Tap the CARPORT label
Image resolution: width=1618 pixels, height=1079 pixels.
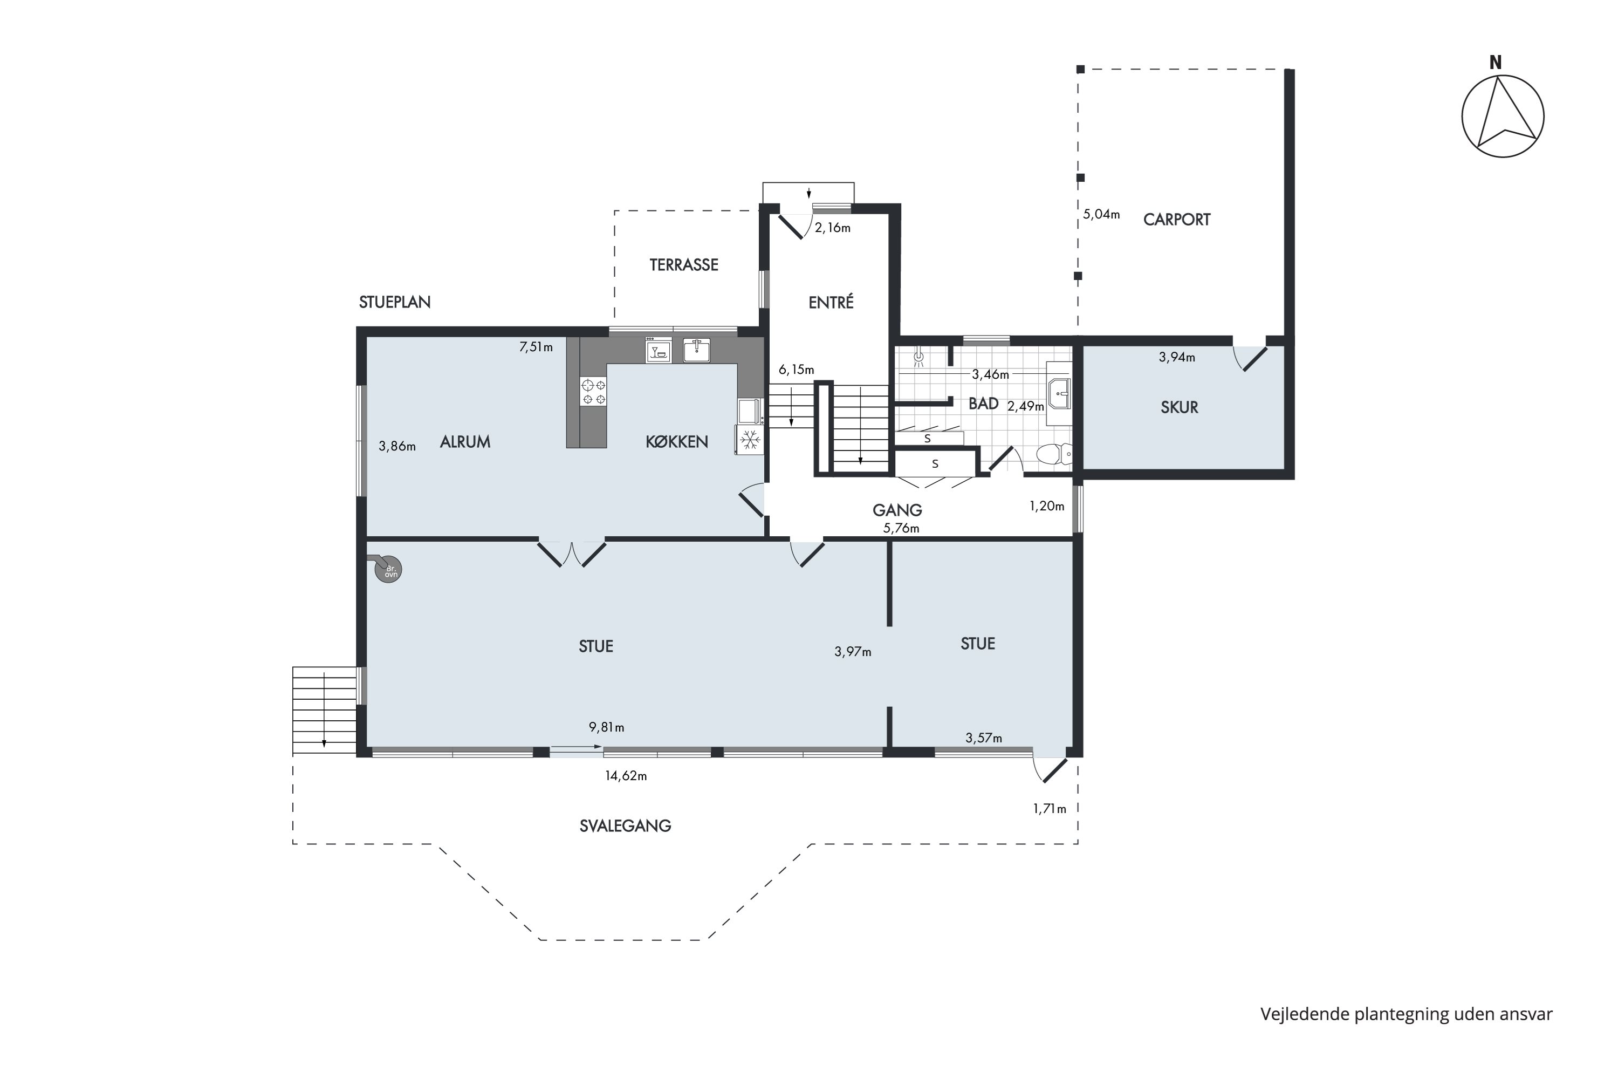[x=1176, y=220]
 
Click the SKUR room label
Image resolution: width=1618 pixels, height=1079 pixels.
[x=1179, y=407]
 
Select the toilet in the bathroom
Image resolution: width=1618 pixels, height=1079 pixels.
[x=1054, y=454]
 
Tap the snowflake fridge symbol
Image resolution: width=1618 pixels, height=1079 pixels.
[x=750, y=440]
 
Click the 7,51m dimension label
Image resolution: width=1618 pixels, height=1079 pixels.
[x=536, y=347]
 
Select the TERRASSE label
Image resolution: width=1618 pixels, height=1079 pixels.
[x=684, y=265]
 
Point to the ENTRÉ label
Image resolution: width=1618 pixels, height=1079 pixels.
[x=831, y=302]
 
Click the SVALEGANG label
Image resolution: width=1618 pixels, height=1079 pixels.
[x=625, y=826]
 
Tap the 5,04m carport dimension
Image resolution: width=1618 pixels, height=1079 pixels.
[x=1101, y=214]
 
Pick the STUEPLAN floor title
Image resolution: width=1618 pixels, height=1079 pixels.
[x=395, y=302]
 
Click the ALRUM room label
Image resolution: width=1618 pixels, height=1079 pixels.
[x=465, y=442]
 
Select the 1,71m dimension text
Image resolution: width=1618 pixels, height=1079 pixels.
[x=1049, y=809]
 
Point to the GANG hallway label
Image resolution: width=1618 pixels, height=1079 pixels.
[x=897, y=510]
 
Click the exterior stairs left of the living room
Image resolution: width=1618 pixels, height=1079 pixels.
[x=325, y=711]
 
